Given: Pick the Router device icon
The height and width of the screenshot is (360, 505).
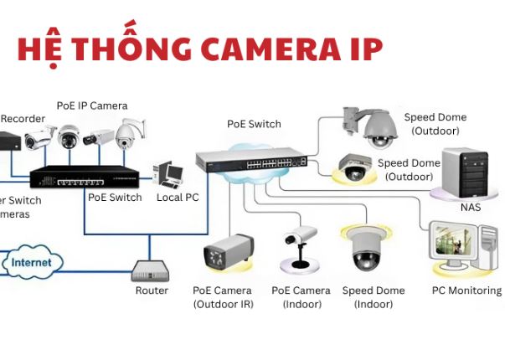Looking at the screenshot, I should tap(151, 270).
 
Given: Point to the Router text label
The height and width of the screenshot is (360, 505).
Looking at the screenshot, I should tap(152, 291).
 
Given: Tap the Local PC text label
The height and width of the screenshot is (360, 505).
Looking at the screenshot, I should tap(178, 198).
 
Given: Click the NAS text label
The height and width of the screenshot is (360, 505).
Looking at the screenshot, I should tap(471, 207).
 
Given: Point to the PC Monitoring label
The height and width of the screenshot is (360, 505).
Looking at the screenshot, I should tap(466, 291).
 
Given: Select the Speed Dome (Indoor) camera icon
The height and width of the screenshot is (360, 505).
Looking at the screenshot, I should tap(366, 249).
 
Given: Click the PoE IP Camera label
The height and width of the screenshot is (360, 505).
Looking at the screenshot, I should tap(92, 105).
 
